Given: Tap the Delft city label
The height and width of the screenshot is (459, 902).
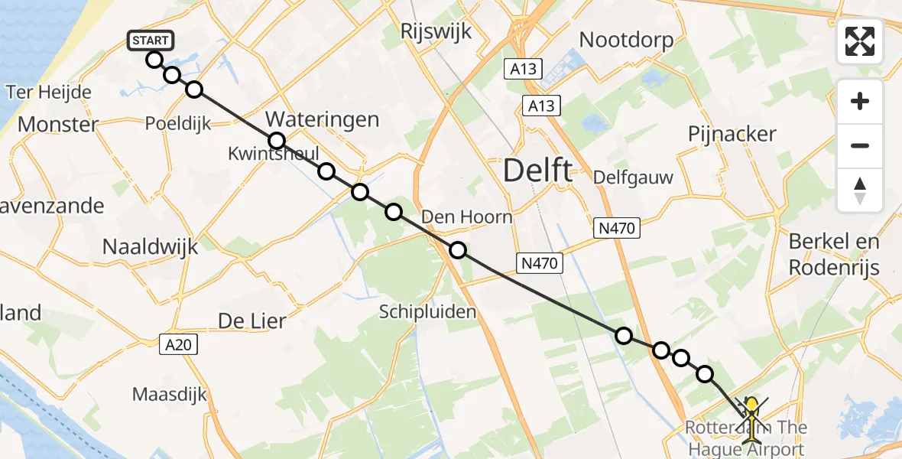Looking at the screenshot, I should [x=537, y=171].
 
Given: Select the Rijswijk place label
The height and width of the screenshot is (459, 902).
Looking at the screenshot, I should [x=436, y=31].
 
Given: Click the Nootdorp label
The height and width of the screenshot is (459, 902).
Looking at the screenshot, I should [x=626, y=40].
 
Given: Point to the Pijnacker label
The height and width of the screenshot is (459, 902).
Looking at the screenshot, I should [x=732, y=134].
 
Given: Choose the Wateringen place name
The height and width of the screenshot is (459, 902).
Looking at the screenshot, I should [x=322, y=119].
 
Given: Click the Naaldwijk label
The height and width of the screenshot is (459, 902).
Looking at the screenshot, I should [x=151, y=246].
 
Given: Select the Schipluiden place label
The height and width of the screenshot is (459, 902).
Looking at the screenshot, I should [x=428, y=311].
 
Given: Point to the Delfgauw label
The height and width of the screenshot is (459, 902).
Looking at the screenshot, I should [x=634, y=178].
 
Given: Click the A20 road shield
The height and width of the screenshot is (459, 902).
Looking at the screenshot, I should [x=181, y=345].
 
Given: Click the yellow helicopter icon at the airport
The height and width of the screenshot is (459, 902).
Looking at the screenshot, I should [x=753, y=419].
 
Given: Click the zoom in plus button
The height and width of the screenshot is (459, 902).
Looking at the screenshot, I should [x=860, y=101].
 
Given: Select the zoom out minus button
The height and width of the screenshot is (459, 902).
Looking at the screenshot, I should [x=860, y=145].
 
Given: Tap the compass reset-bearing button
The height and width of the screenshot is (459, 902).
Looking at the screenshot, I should [x=860, y=190].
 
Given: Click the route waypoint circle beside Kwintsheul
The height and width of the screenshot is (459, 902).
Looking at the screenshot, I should [x=277, y=141].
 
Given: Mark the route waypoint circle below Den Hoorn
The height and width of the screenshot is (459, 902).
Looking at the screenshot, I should [x=457, y=249].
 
